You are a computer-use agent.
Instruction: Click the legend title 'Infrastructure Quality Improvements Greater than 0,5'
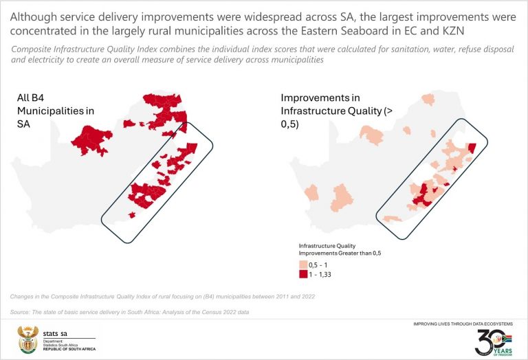point(340,249)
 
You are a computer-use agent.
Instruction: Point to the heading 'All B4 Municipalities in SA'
point(55,110)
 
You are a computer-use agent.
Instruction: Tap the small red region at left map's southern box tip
point(132,215)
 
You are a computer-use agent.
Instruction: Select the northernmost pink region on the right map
point(429,99)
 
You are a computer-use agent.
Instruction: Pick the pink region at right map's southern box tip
point(391,218)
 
